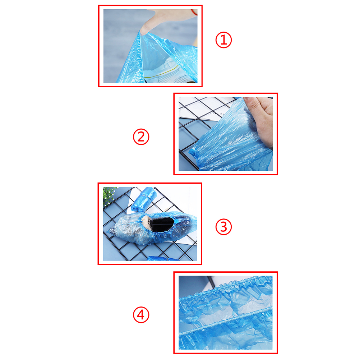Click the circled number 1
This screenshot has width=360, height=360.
(223, 40)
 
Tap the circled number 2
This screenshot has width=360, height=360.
(141, 137)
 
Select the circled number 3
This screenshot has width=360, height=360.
(223, 227)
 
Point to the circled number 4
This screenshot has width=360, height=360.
(141, 314)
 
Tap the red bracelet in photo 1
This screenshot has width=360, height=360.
(194, 12)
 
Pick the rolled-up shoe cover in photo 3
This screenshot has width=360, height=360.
(144, 199)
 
